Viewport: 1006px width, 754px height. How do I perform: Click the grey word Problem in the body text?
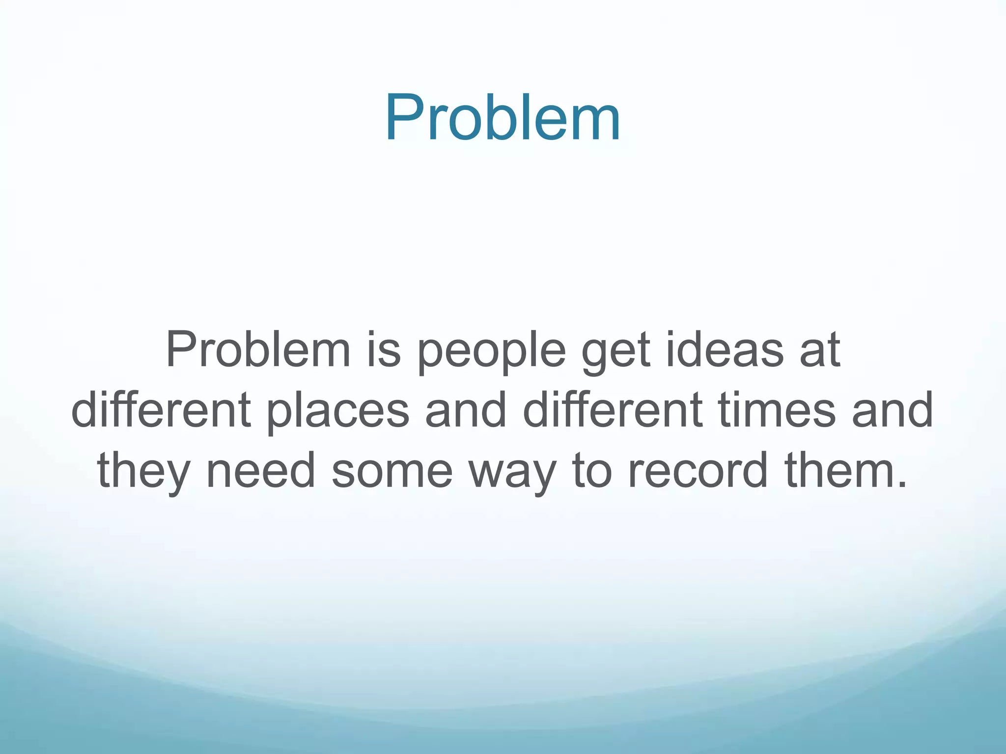pos(258,350)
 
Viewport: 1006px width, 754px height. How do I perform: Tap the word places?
pos(338,412)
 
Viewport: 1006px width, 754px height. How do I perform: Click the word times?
pos(777,410)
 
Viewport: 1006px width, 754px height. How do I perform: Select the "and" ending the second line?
pos(893,410)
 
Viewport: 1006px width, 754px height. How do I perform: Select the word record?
pos(698,470)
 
